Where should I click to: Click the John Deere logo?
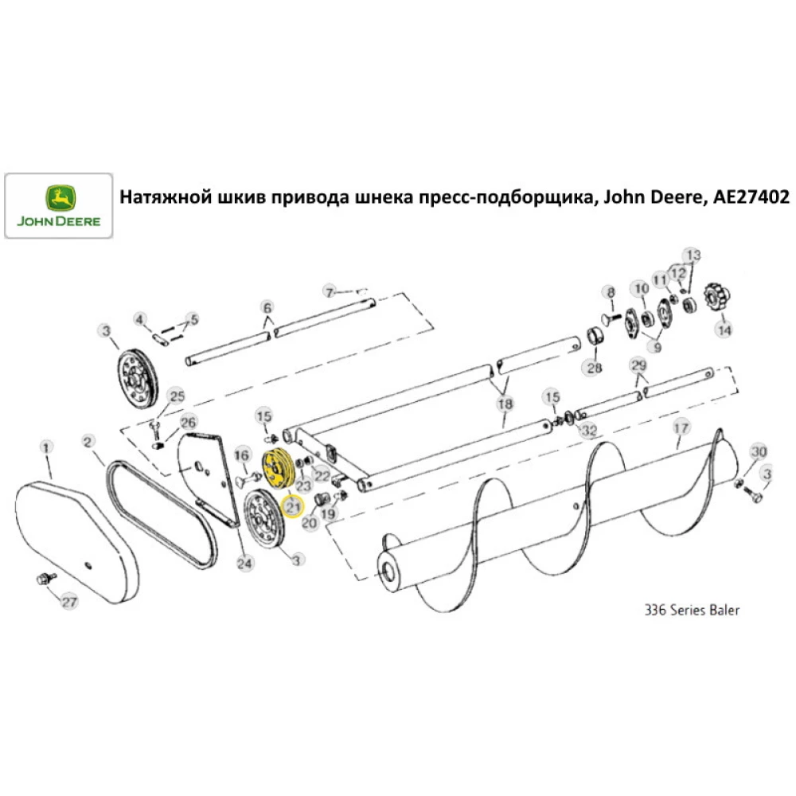[58, 205]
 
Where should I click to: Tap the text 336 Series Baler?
[691, 611]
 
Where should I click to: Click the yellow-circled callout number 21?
[293, 505]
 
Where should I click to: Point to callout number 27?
[70, 602]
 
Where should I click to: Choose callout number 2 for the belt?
[88, 440]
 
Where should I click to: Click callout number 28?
[594, 368]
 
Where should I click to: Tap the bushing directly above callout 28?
[594, 338]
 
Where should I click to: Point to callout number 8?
[611, 292]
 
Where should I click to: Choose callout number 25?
[176, 396]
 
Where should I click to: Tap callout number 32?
[589, 431]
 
